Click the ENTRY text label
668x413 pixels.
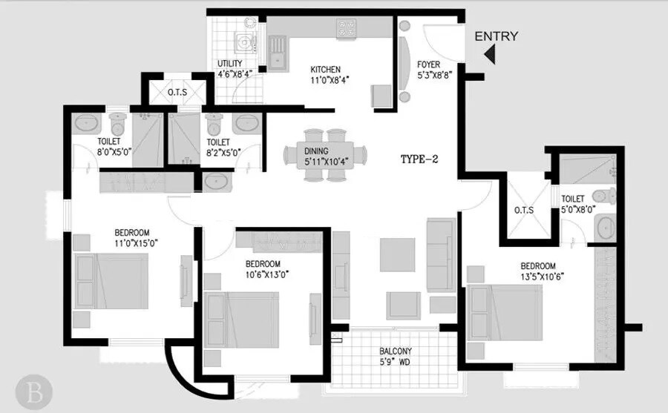(x=497, y=36)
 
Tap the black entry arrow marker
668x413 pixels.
(x=489, y=54)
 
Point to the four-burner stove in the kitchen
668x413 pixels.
(x=347, y=28)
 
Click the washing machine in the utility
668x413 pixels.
(x=244, y=40)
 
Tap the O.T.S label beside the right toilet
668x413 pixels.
(x=524, y=210)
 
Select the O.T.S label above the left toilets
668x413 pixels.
(x=177, y=93)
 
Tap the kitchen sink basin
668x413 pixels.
(x=279, y=50)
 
